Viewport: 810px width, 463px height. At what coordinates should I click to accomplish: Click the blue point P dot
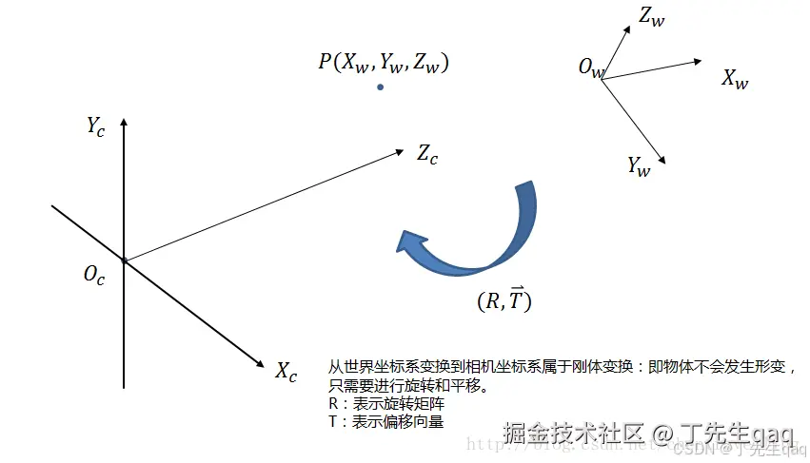tap(380, 87)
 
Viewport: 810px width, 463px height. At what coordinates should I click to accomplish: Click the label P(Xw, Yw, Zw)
tap(384, 63)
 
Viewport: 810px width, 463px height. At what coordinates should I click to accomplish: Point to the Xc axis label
tap(286, 371)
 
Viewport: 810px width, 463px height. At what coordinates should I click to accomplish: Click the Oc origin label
tap(93, 276)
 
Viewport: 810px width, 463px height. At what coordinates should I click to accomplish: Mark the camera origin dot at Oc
tap(124, 260)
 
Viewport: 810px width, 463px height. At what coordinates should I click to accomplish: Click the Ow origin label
tap(591, 68)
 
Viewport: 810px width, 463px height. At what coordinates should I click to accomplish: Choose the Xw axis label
tap(734, 79)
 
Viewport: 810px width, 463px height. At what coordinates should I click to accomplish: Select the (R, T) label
tap(504, 300)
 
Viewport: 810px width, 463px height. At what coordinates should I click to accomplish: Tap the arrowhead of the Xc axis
tap(260, 364)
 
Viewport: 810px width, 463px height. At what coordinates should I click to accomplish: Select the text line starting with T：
tap(385, 421)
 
